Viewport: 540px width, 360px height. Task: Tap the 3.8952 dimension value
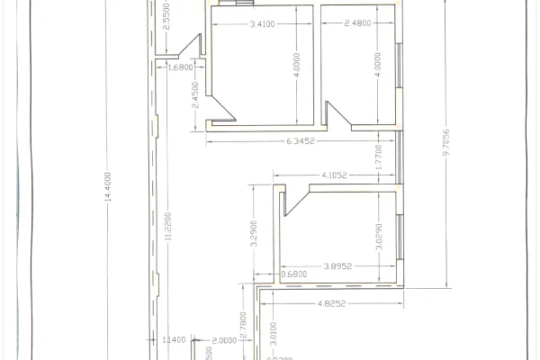pos(339,268)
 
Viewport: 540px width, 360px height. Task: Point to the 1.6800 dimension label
pos(181,67)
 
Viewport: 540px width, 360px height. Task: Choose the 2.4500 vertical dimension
pos(195,96)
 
